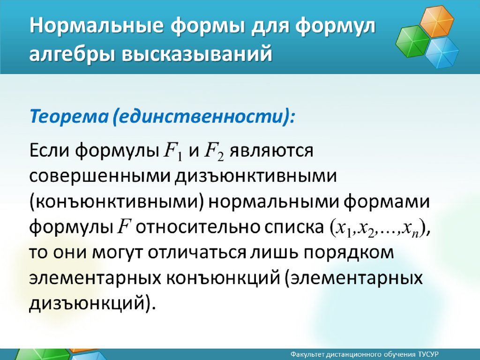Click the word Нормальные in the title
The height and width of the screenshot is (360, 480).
coord(97,26)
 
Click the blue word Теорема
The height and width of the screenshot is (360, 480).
coord(69,116)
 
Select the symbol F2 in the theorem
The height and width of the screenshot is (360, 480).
coord(214,151)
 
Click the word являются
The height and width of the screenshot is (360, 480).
coord(271,151)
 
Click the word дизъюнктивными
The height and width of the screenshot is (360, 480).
coord(255,177)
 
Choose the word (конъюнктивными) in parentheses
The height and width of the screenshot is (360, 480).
coord(117,202)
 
